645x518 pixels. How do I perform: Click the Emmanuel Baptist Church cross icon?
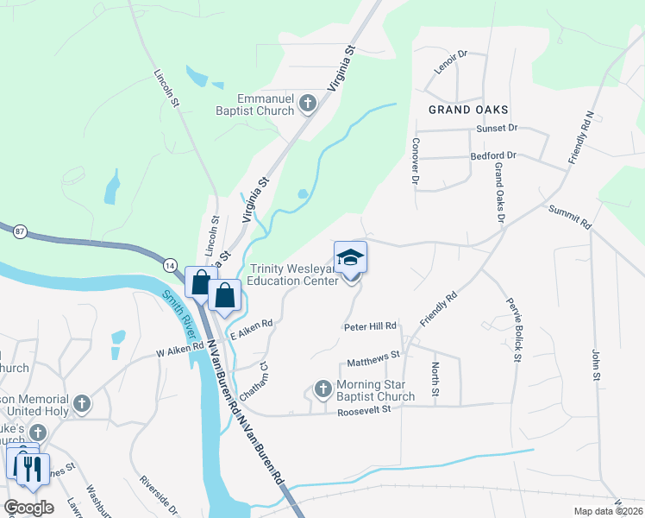[x=307, y=105]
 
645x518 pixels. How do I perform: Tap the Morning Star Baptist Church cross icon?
[x=323, y=388]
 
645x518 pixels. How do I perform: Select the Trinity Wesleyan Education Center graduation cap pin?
[x=350, y=259]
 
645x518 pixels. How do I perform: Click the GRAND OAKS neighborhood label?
[x=468, y=110]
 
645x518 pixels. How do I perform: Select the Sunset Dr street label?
[x=497, y=128]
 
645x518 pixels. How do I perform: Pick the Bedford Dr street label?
[x=493, y=156]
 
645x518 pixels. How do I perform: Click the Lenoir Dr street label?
[x=450, y=66]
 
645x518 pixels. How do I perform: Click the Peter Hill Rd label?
[x=370, y=326]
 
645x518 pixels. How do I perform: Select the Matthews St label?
[x=373, y=354]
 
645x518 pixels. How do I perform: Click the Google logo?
[x=28, y=507]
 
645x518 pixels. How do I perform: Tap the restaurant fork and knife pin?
[x=33, y=470]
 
